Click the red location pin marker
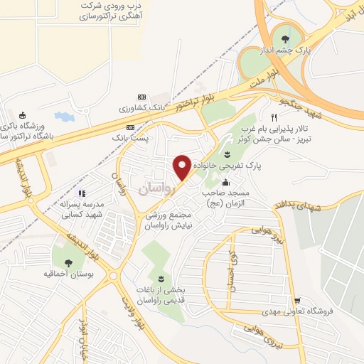pyautogui.click(x=183, y=167)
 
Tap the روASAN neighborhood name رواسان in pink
pyautogui.click(x=156, y=187)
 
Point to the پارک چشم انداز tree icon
pyautogui.click(x=286, y=39)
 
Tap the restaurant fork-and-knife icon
pyautogui.click(x=274, y=117)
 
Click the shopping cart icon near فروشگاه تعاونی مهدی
pyautogui.click(x=297, y=301)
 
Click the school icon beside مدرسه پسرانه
pyautogui.click(x=81, y=193)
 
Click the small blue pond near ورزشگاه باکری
pyautogui.click(x=64, y=115)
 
